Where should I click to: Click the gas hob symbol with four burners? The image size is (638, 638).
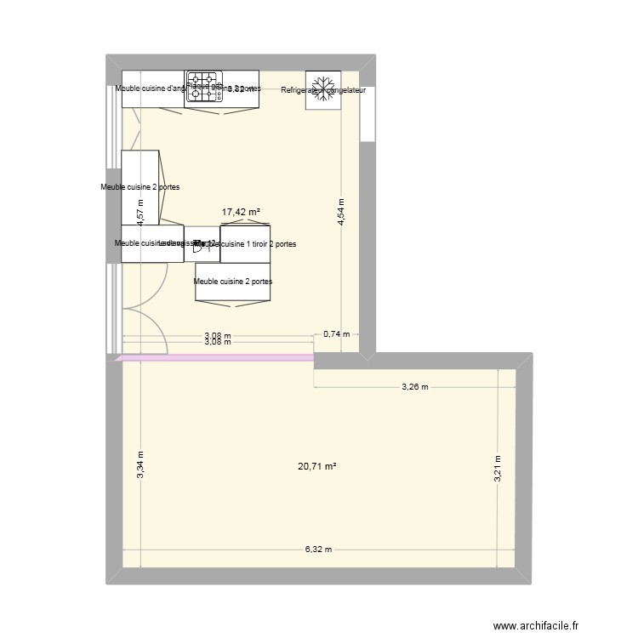204,88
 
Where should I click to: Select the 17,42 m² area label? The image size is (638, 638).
241,213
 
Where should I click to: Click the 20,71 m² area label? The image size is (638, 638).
317,466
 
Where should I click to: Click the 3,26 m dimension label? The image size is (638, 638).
414,387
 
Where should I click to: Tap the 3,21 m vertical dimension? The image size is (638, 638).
499,469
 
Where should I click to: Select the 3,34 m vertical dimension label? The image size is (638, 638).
141,465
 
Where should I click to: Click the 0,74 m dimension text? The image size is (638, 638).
336,334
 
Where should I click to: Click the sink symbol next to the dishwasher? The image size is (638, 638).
201,245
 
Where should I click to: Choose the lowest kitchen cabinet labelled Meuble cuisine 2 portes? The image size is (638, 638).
233,282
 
